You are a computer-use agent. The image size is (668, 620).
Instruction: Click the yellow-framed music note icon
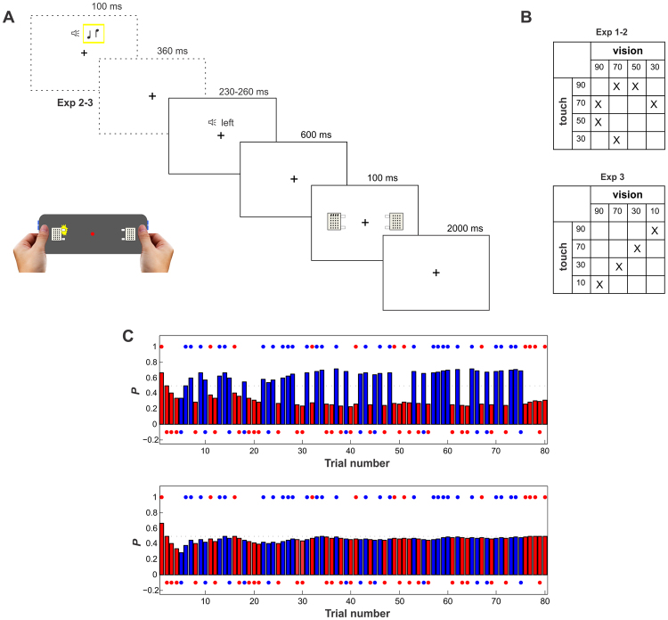(94, 34)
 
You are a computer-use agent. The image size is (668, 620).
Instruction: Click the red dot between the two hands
(93, 233)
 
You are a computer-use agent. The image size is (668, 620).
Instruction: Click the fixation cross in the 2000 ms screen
(436, 272)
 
